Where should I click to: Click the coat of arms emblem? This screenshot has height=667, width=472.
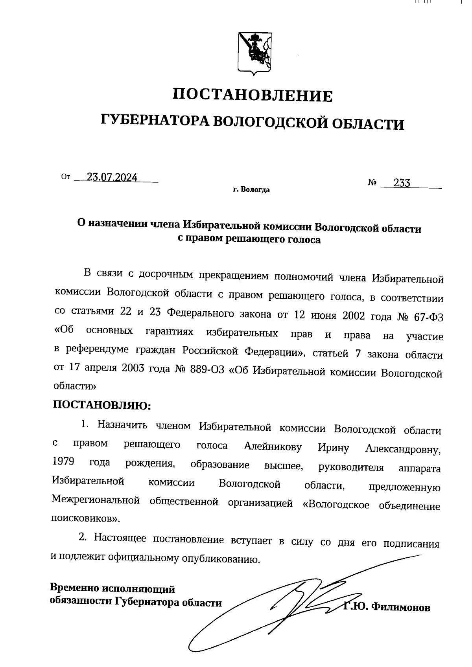[254, 53]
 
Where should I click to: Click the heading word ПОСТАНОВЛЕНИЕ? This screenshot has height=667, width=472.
[253, 96]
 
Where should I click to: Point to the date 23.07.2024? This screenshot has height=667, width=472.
[112, 178]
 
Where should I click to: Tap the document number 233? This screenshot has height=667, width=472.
[402, 183]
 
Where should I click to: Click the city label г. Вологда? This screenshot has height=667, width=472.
[251, 190]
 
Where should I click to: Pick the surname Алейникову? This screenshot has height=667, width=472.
[273, 447]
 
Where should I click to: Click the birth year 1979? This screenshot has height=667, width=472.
[63, 461]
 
